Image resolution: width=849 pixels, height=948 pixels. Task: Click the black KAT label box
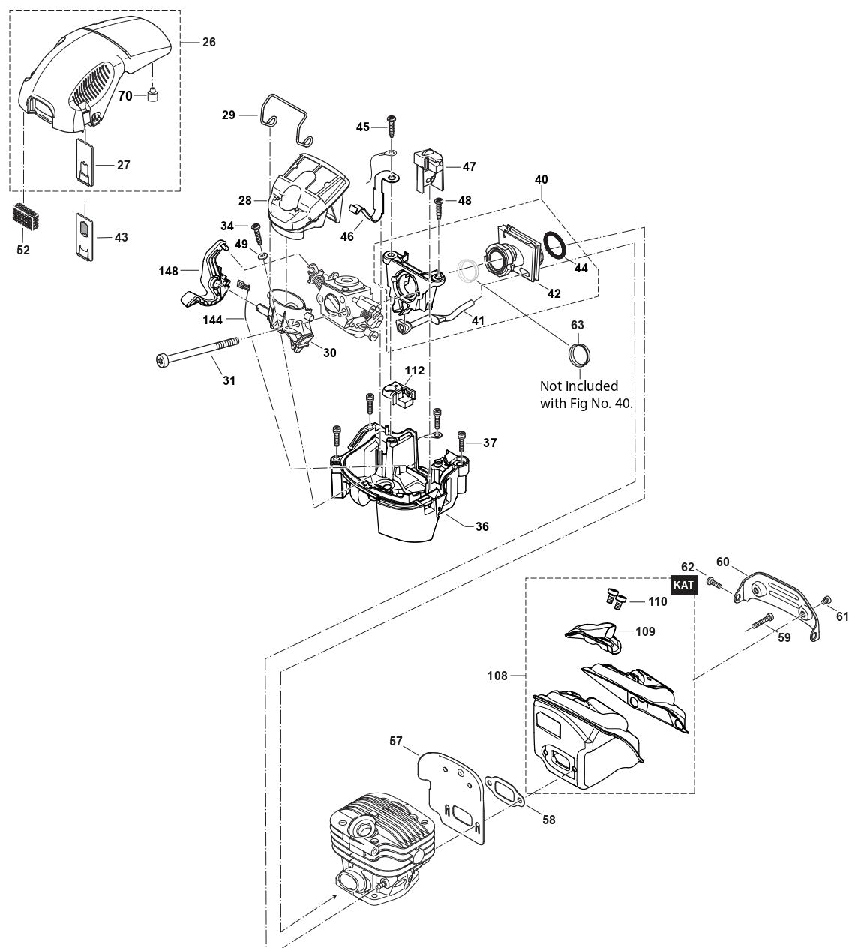pyautogui.click(x=683, y=585)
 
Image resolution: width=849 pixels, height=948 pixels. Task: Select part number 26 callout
pyautogui.click(x=208, y=42)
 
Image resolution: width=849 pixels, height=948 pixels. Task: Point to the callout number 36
pyautogui.click(x=481, y=526)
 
